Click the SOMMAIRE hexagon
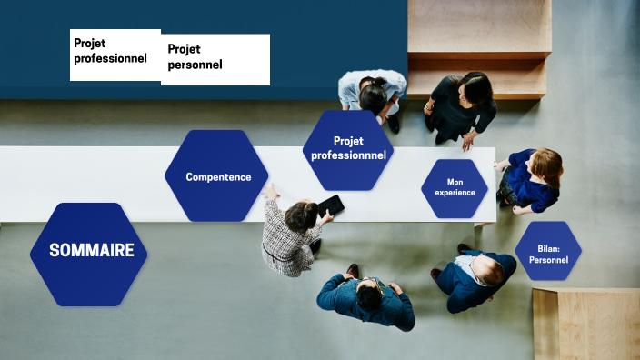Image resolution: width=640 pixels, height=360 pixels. tap(89, 252)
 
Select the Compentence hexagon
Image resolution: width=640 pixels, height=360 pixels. tap(216, 176)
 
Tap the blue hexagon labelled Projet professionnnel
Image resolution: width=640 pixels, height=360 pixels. tap(348, 149)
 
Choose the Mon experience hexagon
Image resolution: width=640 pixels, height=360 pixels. tap(455, 188)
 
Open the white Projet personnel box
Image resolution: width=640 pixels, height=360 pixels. tap(215, 59)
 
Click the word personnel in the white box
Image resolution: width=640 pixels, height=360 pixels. tap(195, 65)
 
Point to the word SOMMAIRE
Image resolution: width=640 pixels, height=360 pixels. tap(91, 251)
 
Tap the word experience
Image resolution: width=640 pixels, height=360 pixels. tap(455, 194)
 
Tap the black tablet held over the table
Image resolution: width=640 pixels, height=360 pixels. tap(331, 205)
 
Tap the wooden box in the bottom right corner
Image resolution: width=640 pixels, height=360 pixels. tap(586, 325)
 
